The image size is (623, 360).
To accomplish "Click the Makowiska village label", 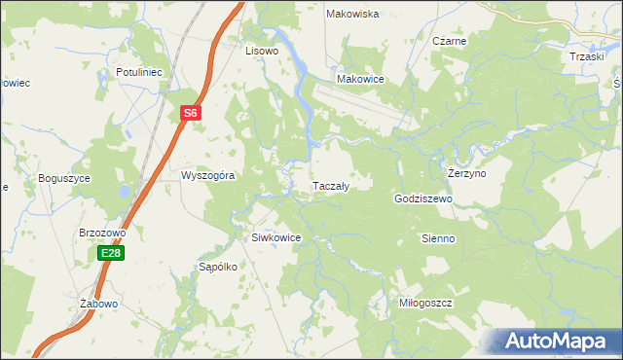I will coord(352,14).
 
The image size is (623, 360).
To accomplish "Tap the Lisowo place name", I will coord(262,50).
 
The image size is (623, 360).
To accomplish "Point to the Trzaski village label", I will coord(588,56).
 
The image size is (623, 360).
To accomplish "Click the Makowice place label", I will coord(360,79).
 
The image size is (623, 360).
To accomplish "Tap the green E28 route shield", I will coord(110,253).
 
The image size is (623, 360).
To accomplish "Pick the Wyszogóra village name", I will coord(207,176).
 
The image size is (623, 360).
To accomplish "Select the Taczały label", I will coord(330,184).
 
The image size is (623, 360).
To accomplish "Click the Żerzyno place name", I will coord(466,172).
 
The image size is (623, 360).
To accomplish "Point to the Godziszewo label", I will coord(424,198).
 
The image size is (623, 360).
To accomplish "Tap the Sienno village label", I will coord(438,238).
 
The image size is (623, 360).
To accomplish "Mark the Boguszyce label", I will coord(64,178).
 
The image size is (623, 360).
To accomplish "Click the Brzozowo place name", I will coord(103,234).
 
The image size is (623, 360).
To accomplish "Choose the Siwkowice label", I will coord(276,237).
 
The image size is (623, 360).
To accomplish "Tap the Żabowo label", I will coord(98,304).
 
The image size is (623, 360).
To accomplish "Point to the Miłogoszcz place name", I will coord(426,303).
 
